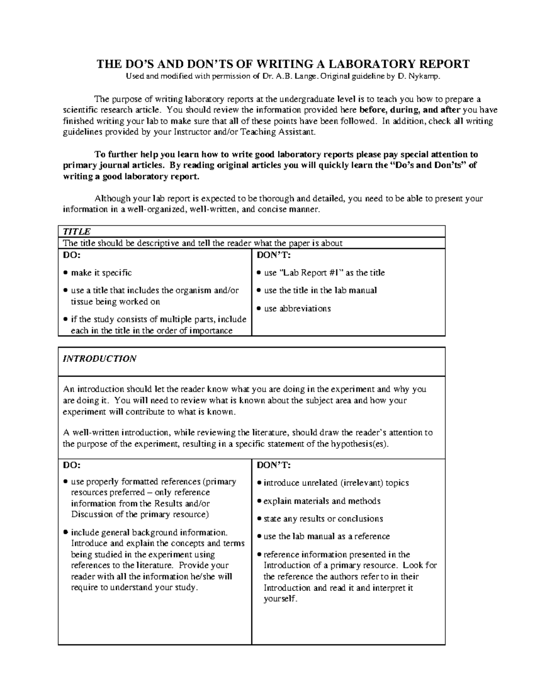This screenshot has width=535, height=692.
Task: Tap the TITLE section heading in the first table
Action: [x=76, y=232]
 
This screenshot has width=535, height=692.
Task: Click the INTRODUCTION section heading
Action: [x=99, y=359]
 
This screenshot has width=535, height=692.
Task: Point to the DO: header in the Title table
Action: [x=71, y=255]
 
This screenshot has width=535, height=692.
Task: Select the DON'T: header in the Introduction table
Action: [x=274, y=465]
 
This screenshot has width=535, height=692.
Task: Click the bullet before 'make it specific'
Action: [x=66, y=273]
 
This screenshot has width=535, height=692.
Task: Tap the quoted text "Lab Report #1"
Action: [x=311, y=273]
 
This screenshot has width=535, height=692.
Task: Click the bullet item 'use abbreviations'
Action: [x=297, y=308]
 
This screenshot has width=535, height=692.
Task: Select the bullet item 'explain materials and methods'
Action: [x=321, y=501]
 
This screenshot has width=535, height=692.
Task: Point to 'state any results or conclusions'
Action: [x=323, y=519]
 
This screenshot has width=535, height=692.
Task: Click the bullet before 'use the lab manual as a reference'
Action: [x=259, y=537]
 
